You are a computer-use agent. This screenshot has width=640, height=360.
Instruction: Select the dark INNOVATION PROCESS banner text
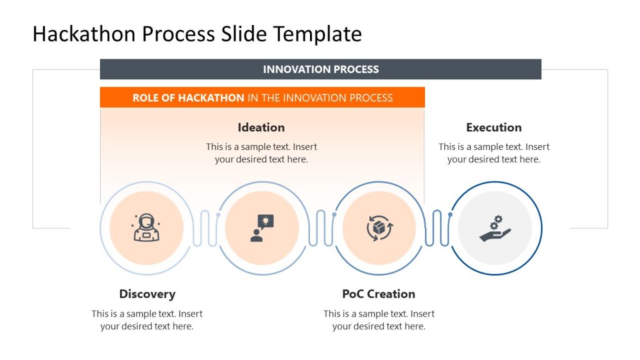[x=321, y=69]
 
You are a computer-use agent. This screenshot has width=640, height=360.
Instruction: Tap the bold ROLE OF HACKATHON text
[x=188, y=97]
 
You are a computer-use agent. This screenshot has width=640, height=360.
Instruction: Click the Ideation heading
[x=261, y=127]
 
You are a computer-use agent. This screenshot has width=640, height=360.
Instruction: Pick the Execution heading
[x=494, y=127]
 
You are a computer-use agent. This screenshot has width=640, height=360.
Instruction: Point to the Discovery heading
[x=147, y=294]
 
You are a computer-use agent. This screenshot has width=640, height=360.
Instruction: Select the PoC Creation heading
[x=378, y=294]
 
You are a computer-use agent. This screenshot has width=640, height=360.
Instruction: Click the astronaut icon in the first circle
[x=146, y=227]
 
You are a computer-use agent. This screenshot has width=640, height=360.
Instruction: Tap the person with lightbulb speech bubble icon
[x=262, y=227]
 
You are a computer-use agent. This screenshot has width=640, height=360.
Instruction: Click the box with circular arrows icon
[x=379, y=227]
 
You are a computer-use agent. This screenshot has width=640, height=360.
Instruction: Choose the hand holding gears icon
[x=495, y=228]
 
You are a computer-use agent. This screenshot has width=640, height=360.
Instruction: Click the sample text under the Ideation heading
[x=261, y=153]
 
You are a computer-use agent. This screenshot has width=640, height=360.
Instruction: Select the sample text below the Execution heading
[x=494, y=153]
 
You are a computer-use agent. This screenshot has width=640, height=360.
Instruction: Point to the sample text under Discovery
[x=147, y=320]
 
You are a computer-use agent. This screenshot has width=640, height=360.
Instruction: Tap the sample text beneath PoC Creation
[x=379, y=320]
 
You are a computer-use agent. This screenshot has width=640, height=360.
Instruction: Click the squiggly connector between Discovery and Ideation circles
[x=204, y=228]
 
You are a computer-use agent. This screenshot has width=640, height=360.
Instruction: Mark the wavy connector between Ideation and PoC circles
[x=321, y=228]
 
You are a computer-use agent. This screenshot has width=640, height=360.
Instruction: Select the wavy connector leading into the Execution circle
[x=437, y=228]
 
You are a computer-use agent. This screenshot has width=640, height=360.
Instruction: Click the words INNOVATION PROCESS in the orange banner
[x=337, y=97]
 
